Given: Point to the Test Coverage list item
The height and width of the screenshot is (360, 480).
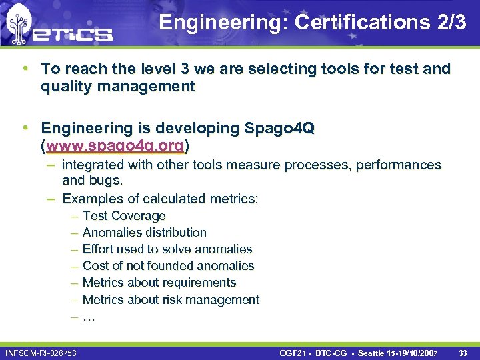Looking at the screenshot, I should click(124, 215).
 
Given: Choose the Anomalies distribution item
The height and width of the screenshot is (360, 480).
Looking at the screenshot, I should click(145, 232).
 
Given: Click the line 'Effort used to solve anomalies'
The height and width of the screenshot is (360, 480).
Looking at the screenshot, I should click(167, 249).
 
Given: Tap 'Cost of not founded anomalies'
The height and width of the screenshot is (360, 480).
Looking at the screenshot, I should click(169, 265).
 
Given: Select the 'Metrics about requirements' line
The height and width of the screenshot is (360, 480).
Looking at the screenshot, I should click(159, 282).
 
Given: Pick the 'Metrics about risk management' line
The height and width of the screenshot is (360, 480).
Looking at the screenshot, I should click(171, 299).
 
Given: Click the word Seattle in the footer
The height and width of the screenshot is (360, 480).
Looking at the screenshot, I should click(375, 351).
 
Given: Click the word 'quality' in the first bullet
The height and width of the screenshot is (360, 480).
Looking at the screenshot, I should click(67, 86).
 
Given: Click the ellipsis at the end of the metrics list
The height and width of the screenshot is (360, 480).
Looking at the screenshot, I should click(89, 317).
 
